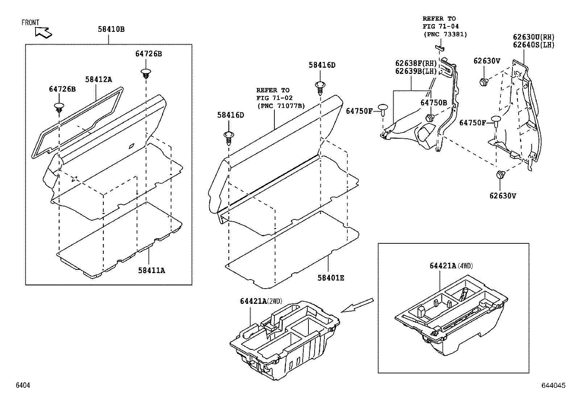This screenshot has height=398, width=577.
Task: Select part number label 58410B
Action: [x=111, y=29]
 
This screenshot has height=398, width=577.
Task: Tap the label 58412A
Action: [x=99, y=79]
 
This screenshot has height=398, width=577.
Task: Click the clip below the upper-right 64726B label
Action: [x=146, y=74]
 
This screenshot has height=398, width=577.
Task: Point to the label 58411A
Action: [x=151, y=270]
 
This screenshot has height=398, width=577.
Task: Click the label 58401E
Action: [x=331, y=278]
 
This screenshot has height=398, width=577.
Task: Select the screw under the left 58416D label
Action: [x=229, y=137]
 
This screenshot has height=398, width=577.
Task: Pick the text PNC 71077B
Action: [x=281, y=106]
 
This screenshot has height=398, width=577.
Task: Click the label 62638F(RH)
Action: [x=416, y=63]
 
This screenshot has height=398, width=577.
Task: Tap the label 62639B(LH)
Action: [x=416, y=71]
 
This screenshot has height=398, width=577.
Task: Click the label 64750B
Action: [x=433, y=102]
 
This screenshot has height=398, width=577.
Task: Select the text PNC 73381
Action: [x=445, y=34]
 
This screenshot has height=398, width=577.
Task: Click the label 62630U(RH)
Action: [x=534, y=37]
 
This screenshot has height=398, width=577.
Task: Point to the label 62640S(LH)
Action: [x=534, y=45]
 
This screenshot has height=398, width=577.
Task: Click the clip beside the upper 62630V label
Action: [x=483, y=82]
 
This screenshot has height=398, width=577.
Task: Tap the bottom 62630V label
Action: [x=503, y=196]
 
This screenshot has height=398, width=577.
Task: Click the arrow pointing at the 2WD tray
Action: [x=357, y=305]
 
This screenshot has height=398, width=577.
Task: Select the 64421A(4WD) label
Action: [x=451, y=265]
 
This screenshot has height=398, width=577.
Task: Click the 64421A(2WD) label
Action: [x=261, y=301]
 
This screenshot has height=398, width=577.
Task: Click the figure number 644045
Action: [x=553, y=386]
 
